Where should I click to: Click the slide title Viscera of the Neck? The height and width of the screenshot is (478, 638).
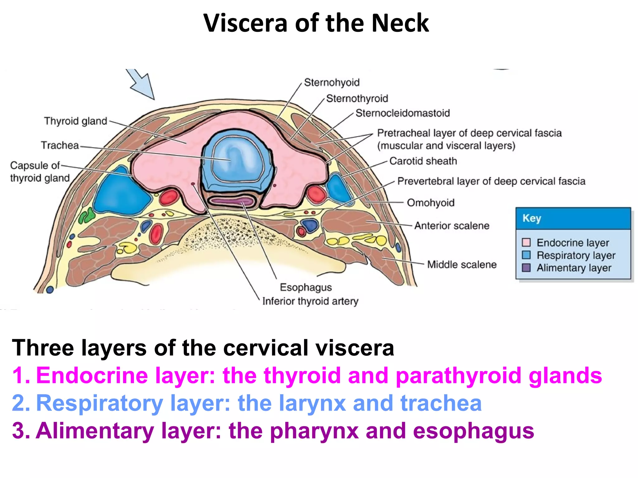click(x=316, y=23)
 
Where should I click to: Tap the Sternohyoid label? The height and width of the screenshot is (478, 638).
click(x=332, y=82)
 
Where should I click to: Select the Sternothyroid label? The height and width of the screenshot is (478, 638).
click(x=357, y=99)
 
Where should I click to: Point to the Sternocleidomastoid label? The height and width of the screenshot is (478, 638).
click(x=402, y=113)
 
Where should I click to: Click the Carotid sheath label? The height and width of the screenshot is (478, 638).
click(x=423, y=161)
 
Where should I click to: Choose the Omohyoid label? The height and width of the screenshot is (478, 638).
click(x=431, y=203)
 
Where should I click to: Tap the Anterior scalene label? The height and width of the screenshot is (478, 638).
click(x=452, y=226)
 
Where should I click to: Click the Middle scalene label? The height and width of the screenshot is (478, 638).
click(x=462, y=265)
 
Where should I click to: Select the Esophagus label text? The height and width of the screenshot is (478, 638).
click(x=306, y=287)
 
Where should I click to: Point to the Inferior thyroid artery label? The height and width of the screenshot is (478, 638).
click(x=310, y=301)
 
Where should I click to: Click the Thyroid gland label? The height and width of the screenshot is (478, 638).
click(x=75, y=121)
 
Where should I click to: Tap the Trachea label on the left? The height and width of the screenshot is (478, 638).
click(x=60, y=145)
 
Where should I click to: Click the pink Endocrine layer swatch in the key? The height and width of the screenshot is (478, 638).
click(x=526, y=242)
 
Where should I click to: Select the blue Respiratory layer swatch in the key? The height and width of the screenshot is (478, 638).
click(x=526, y=255)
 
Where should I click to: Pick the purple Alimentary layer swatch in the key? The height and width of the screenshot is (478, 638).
click(x=526, y=268)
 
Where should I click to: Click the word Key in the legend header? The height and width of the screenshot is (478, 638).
click(x=531, y=218)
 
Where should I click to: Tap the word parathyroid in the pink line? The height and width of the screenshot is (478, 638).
click(x=458, y=376)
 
